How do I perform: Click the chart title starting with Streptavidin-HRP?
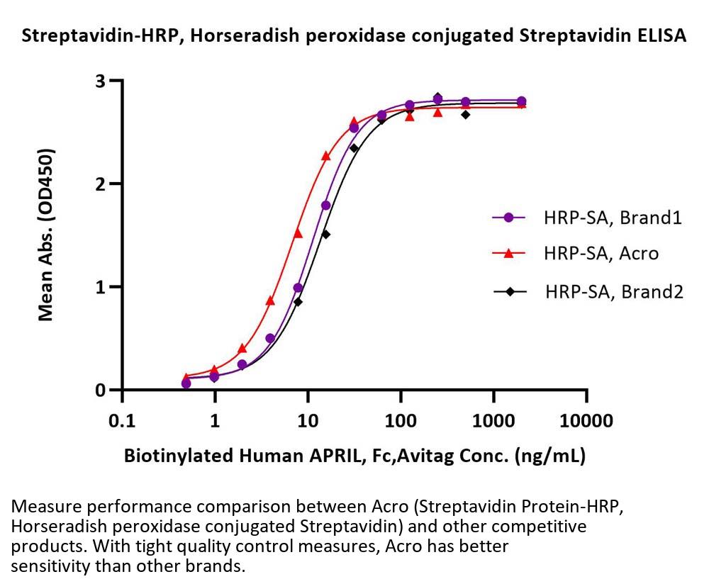354,37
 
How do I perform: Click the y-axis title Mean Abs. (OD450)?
47,235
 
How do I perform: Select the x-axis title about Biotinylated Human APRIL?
354,456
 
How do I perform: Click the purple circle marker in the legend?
508,218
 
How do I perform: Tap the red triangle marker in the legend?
508,252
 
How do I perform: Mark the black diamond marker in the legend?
508,290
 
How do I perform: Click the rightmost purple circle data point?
522,101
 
